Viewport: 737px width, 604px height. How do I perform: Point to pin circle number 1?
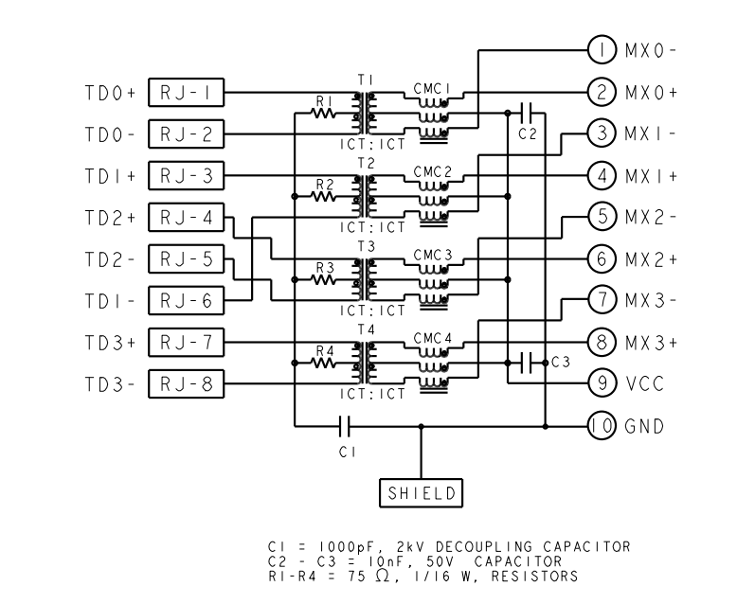pos(602,49)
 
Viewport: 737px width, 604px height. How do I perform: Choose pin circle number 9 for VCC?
pos(602,382)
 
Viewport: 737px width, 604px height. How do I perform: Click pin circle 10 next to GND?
pos(602,426)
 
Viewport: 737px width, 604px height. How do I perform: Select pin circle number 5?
pos(602,216)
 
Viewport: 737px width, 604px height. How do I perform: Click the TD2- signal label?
pos(110,258)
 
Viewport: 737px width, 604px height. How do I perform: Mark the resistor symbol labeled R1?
pos(326,114)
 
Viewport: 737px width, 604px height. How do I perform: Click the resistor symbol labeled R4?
pos(326,363)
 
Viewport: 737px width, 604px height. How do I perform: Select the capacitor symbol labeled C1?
pos(347,426)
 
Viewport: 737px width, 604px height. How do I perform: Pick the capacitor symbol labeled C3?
pos(528,362)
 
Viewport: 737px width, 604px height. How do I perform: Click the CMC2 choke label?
pos(432,171)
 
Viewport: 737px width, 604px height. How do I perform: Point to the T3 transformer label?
pos(367,245)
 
